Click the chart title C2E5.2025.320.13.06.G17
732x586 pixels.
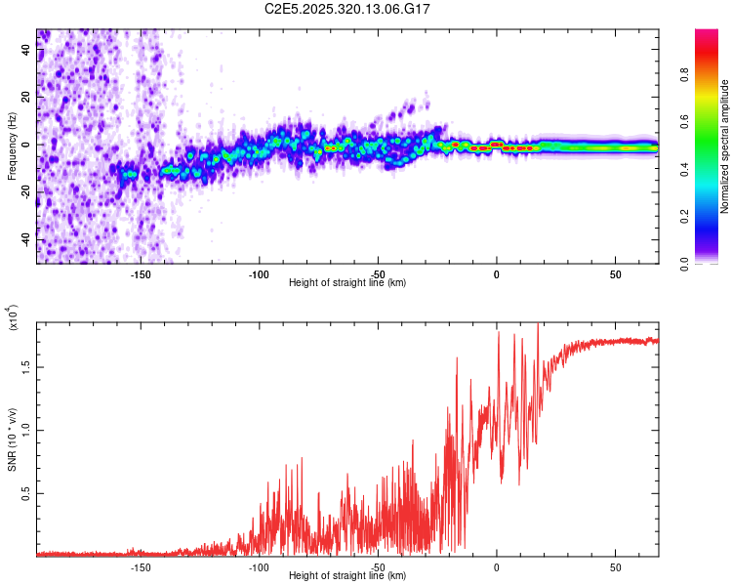point(347,9)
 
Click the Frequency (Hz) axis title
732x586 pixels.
point(12,146)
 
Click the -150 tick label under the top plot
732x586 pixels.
point(140,273)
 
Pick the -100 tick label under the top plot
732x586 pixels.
point(259,273)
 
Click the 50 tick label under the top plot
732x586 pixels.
point(615,273)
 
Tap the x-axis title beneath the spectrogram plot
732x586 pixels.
point(347,283)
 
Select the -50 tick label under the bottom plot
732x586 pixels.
point(378,566)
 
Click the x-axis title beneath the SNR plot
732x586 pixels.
point(347,576)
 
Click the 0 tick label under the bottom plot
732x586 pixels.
point(497,566)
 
